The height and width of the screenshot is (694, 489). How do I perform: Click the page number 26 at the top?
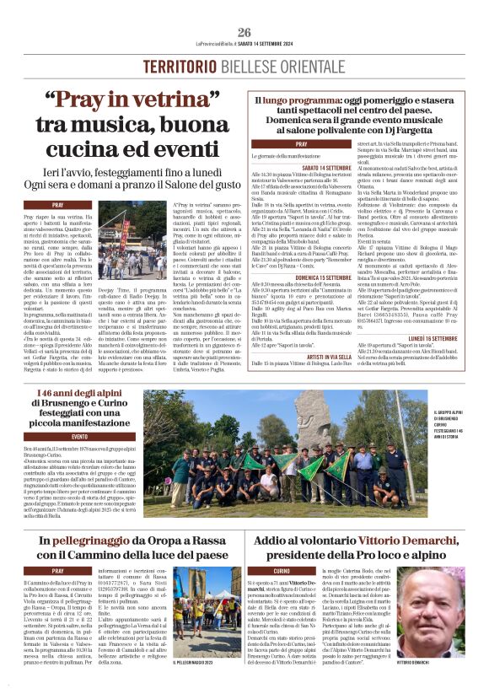tap(244, 33)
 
